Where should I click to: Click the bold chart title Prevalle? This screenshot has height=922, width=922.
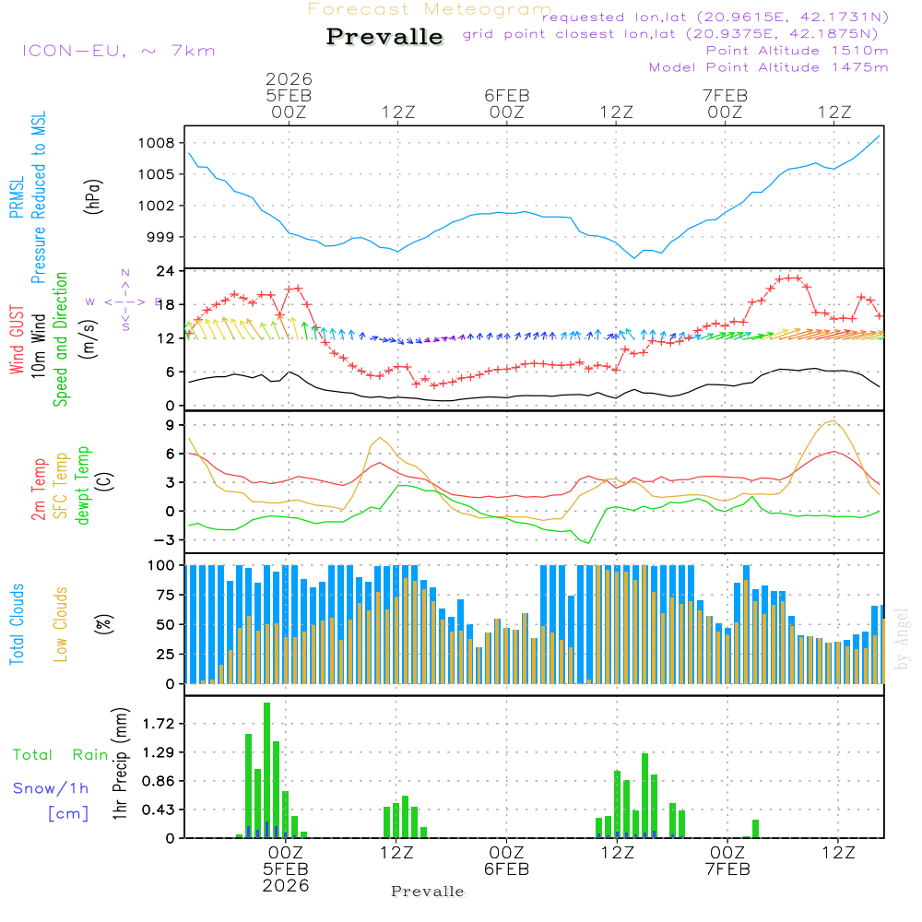(384, 38)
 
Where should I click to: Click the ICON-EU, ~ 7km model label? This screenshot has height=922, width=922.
(118, 51)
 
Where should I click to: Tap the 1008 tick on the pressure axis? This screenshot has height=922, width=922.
(159, 143)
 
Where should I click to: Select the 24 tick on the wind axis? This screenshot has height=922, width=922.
(167, 271)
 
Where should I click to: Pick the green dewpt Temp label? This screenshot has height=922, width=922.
(84, 485)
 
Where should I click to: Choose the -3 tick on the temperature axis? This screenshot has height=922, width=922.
(167, 539)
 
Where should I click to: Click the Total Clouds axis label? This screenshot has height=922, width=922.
(17, 624)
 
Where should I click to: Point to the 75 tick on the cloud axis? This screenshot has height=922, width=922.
(163, 595)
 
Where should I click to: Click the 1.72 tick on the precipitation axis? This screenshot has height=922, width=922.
(159, 724)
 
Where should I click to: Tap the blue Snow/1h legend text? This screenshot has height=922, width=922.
(51, 788)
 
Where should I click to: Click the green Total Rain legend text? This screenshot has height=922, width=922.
(60, 754)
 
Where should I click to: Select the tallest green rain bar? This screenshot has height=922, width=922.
(266, 770)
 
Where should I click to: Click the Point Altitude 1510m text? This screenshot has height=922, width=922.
(797, 51)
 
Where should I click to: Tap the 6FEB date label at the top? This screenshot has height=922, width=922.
(506, 95)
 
